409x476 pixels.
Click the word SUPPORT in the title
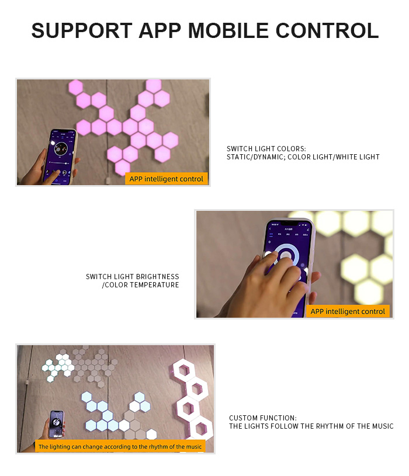(x=82, y=30)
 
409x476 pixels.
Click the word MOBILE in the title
(x=228, y=30)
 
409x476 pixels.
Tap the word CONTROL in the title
(x=327, y=30)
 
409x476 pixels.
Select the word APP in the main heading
(x=160, y=30)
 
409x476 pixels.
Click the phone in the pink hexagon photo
(x=60, y=156)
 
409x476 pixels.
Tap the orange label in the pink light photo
(x=167, y=179)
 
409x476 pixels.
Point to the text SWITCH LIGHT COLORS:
(x=266, y=149)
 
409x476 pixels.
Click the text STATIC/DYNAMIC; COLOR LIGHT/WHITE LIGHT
(x=303, y=157)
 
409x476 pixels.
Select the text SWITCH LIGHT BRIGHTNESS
(x=133, y=277)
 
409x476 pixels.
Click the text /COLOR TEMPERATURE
(x=141, y=285)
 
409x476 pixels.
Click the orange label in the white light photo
(x=348, y=311)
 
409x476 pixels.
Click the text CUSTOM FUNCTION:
(x=263, y=418)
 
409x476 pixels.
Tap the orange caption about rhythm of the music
(x=120, y=447)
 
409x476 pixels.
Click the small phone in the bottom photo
(x=57, y=424)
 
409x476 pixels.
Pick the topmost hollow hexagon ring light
(x=183, y=370)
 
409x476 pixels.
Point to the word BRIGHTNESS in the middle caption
(x=158, y=277)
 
